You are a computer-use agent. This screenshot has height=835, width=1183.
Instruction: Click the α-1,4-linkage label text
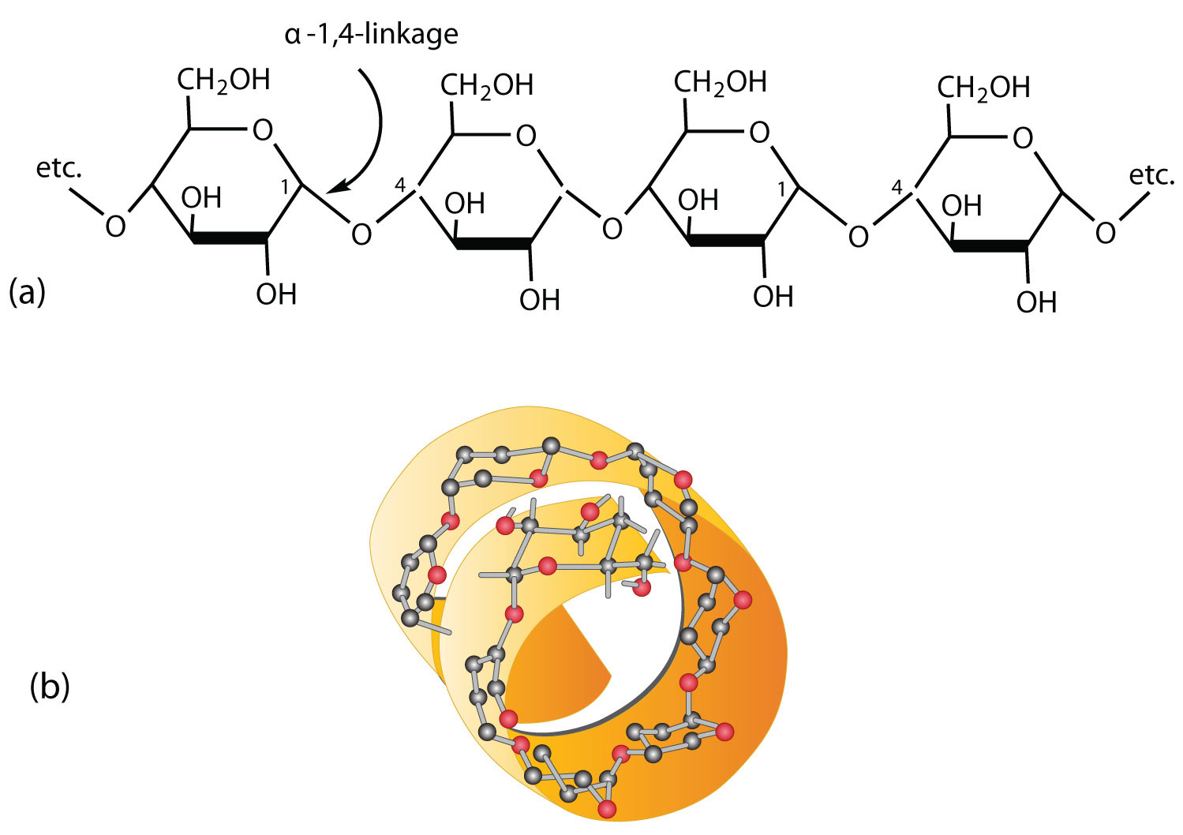[x=371, y=36]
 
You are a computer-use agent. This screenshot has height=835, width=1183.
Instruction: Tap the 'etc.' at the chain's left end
[x=59, y=169]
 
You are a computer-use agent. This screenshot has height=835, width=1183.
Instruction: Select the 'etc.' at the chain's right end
[x=1151, y=175]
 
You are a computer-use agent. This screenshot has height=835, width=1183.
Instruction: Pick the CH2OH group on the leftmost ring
[x=223, y=80]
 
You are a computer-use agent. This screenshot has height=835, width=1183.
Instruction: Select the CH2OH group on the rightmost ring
[x=983, y=87]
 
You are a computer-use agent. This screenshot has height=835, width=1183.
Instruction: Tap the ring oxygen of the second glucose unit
[x=526, y=137]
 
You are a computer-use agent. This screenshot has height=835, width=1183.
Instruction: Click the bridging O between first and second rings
[x=361, y=234]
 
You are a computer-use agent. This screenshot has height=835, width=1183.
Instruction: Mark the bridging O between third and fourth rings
[x=858, y=235]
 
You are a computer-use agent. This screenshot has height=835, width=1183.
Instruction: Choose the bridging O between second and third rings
[x=612, y=229]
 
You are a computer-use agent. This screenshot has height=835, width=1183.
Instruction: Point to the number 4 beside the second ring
[x=400, y=186]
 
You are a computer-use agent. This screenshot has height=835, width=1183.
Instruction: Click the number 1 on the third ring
[x=781, y=189]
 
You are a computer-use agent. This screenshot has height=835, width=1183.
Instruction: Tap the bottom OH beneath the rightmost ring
[x=1036, y=301]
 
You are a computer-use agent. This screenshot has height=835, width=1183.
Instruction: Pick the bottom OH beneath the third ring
[x=773, y=298]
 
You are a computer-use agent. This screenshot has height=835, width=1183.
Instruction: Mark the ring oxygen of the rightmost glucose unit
[x=1023, y=139]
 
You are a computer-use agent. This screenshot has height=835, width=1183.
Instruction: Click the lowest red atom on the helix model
[x=606, y=809]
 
